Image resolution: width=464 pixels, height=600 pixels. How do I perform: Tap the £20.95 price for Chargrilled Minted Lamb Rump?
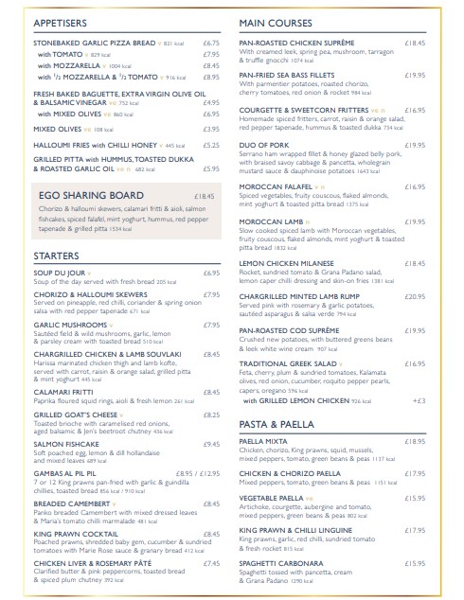tap(415, 296)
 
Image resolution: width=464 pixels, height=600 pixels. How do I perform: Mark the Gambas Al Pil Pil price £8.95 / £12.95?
tap(198, 470)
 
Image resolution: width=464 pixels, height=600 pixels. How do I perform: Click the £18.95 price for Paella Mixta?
tap(415, 441)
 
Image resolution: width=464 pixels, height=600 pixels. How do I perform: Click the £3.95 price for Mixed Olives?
tap(212, 129)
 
